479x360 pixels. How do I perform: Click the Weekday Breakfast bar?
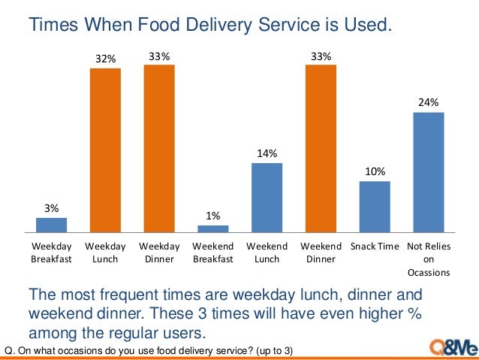pos(51,225)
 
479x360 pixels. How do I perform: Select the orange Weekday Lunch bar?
pos(105,150)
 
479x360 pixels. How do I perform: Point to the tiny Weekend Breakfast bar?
pos(213,228)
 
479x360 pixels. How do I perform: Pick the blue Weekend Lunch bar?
pos(267,198)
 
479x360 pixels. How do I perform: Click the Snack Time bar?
pos(375,207)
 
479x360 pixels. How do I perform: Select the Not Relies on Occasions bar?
pos(429,172)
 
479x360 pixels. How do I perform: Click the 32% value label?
pos(105,59)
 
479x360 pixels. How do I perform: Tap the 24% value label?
pos(429,102)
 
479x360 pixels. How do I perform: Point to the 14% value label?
pos(267,153)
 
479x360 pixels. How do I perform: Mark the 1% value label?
pos(213,216)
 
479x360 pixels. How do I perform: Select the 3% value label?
pos(51,208)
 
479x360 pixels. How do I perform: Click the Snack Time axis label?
pos(375,246)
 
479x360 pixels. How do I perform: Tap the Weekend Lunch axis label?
pos(267,253)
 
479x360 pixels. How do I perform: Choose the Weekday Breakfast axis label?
pos(51,253)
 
